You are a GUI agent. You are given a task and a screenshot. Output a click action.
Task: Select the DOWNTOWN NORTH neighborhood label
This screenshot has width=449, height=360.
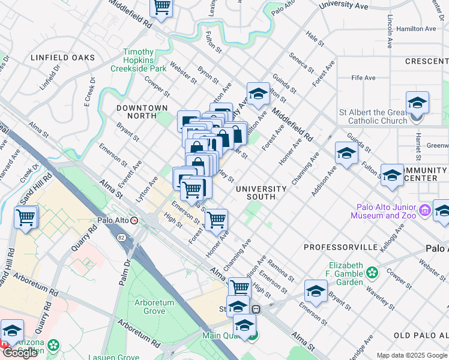(142, 112)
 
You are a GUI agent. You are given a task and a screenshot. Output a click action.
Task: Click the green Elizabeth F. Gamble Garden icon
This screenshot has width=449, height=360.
(373, 273)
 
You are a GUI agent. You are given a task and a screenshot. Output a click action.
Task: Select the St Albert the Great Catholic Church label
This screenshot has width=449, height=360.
(373, 116)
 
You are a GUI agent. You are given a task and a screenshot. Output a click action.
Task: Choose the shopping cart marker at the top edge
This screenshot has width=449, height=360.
(161, 7)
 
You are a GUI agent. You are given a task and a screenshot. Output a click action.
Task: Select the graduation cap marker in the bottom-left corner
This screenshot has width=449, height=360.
(12, 330)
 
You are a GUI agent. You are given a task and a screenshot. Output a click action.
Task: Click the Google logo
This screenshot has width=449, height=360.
(20, 353)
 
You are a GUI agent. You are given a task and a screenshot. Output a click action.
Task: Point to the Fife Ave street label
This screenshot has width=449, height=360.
(363, 78)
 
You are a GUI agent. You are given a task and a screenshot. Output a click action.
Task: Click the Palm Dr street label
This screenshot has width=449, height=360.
(127, 263)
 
